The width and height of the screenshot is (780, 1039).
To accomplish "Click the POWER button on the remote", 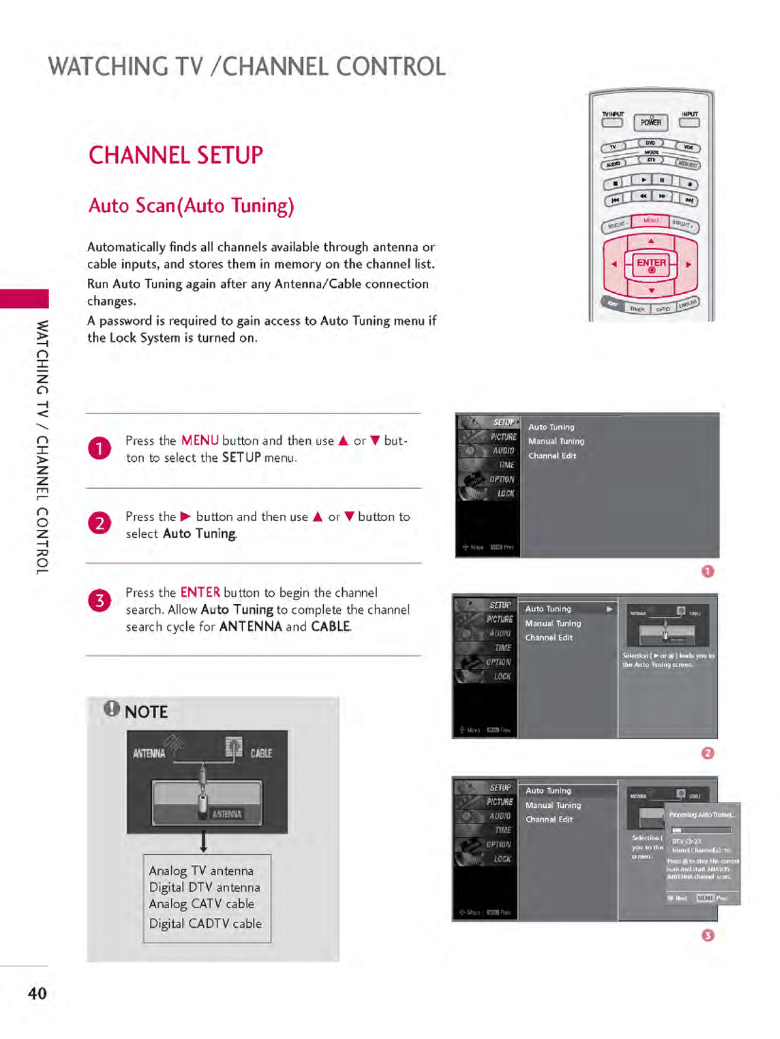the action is (x=650, y=122).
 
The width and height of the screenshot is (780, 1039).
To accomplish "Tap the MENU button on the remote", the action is (x=650, y=221).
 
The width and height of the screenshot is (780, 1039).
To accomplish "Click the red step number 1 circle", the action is (x=100, y=449).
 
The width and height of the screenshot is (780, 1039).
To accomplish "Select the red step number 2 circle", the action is (x=100, y=523).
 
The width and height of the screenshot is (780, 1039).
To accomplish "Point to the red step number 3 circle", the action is (x=100, y=601).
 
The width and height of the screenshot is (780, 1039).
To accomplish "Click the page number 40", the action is (x=37, y=993).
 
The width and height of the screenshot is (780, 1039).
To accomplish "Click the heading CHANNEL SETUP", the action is (x=176, y=156).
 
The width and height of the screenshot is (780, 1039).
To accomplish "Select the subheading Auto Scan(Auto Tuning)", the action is (x=191, y=206).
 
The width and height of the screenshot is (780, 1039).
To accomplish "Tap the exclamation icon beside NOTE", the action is (x=112, y=708).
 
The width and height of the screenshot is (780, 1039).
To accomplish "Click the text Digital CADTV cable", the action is (x=205, y=924).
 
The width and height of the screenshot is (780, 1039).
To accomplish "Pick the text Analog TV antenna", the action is (x=201, y=871).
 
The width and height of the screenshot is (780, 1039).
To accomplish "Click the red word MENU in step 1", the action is (x=200, y=440).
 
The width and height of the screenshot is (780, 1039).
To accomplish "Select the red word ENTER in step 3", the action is (x=200, y=592).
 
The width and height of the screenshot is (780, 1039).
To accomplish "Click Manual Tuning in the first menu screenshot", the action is (x=556, y=442).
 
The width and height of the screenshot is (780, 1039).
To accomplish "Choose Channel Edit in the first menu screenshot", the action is (x=552, y=456).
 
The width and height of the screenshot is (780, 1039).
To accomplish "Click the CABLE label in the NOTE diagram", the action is (x=261, y=753).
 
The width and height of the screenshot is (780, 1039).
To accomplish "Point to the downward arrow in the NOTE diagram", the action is (x=204, y=842).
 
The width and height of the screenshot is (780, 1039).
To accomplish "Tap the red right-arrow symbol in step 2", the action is (x=185, y=516).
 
